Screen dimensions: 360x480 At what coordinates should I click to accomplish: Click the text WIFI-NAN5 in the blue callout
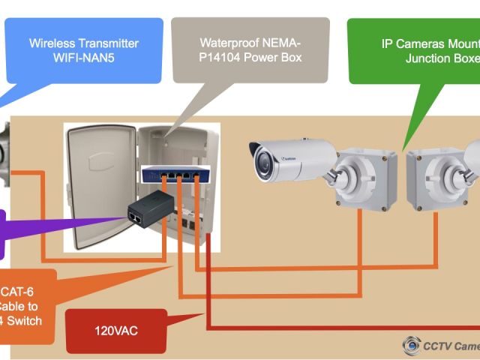click(x=84, y=57)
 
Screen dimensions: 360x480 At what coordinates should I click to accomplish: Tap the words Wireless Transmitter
click(x=84, y=43)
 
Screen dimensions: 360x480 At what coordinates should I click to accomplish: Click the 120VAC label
click(x=116, y=329)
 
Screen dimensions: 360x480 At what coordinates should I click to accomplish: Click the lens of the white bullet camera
click(x=263, y=160)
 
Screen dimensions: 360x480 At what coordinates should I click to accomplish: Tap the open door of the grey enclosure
click(x=101, y=187)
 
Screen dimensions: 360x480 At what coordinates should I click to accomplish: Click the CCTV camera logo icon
click(x=411, y=346)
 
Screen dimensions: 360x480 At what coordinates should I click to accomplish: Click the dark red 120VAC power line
click(x=337, y=328)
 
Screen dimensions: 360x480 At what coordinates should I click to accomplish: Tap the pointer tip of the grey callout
click(x=167, y=136)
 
